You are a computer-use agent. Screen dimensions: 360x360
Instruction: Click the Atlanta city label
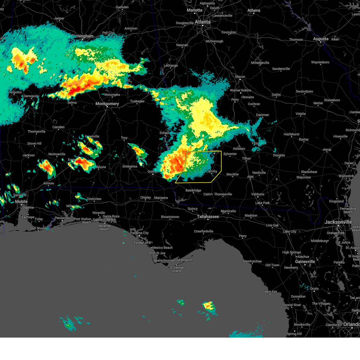(202, 22)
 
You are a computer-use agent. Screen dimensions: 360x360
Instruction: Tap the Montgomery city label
(107, 104)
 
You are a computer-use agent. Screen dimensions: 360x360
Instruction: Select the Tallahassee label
(208, 217)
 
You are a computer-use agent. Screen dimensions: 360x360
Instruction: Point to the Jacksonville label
(338, 222)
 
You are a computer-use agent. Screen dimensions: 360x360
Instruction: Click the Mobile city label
(21, 202)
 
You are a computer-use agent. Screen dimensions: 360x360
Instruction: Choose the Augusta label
(321, 39)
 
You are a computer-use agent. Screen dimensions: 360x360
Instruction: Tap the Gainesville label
(305, 262)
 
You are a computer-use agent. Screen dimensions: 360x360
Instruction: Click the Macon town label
(240, 77)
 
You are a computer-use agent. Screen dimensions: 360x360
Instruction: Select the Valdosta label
(258, 194)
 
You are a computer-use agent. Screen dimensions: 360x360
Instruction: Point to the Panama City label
(139, 233)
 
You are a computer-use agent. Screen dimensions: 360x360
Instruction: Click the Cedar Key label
(270, 292)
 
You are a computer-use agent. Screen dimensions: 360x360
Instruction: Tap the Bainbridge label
(193, 190)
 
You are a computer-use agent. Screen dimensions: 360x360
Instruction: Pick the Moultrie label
(232, 174)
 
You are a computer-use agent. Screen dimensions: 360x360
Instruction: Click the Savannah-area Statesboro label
(332, 100)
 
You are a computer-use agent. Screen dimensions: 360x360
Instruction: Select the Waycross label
(304, 177)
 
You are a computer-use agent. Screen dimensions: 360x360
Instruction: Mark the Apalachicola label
(163, 260)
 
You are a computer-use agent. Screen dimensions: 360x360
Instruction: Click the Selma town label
(72, 103)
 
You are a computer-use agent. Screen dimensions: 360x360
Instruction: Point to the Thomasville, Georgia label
(223, 194)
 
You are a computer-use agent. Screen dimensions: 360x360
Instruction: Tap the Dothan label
(152, 172)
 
